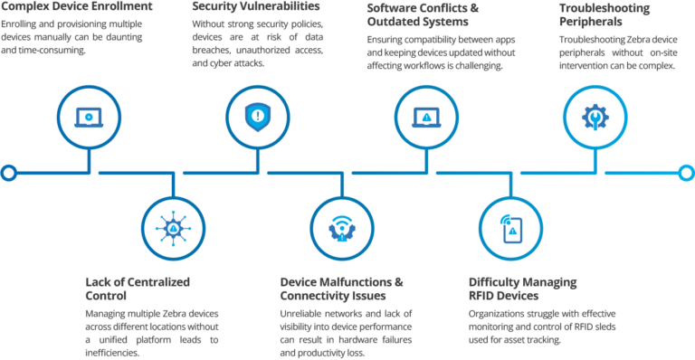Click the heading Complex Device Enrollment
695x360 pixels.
pyautogui.click(x=64, y=7)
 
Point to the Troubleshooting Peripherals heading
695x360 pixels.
pyautogui.click(x=592, y=14)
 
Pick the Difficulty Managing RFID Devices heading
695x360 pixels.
pyautogui.click(x=522, y=289)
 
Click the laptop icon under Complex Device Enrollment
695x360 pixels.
pyautogui.click(x=89, y=117)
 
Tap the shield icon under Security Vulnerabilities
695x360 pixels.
pyautogui.click(x=255, y=117)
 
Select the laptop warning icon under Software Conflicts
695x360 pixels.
pyautogui.click(x=425, y=117)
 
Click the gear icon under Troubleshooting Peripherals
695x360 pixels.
pyautogui.click(x=595, y=117)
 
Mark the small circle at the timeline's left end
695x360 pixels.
pyautogui.click(x=9, y=171)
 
